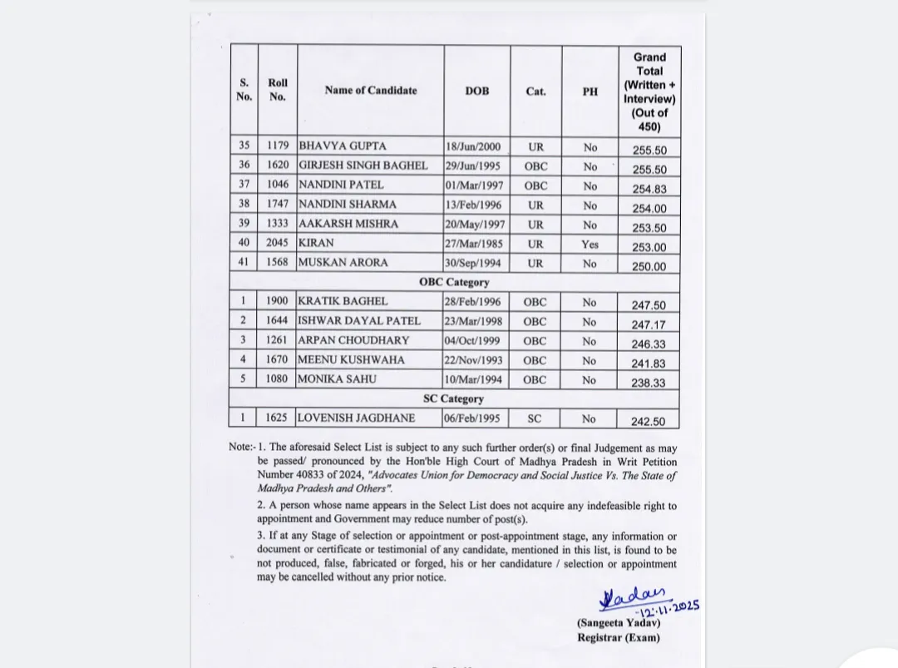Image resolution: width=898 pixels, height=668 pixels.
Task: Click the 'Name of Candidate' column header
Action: click(x=370, y=90)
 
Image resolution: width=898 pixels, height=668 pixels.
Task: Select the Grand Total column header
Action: click(x=649, y=92)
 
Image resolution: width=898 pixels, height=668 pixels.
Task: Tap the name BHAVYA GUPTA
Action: click(x=343, y=146)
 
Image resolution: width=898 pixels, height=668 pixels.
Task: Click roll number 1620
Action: click(x=278, y=166)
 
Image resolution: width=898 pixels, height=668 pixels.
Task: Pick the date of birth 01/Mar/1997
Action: click(x=474, y=186)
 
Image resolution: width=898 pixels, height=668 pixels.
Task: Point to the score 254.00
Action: click(x=649, y=209)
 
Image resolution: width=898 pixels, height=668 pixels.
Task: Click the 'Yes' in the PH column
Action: click(x=590, y=245)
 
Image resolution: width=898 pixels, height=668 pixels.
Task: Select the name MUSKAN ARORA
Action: click(x=343, y=263)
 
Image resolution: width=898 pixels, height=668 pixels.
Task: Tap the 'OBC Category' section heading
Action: click(x=454, y=282)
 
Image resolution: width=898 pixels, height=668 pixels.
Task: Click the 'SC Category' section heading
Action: click(x=453, y=398)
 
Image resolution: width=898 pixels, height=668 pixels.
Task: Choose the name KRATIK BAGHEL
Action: click(x=343, y=302)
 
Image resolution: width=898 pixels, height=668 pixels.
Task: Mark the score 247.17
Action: click(x=649, y=325)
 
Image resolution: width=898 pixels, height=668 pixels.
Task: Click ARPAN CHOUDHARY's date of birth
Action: click(x=473, y=341)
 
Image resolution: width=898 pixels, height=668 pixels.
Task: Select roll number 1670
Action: click(x=278, y=360)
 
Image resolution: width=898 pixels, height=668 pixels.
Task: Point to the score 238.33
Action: click(x=649, y=383)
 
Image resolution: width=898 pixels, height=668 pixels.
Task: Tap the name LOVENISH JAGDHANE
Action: click(x=357, y=418)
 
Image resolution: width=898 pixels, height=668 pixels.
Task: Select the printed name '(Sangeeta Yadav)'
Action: click(x=619, y=623)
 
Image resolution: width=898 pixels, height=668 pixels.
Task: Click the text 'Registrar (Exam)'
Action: click(x=619, y=638)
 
